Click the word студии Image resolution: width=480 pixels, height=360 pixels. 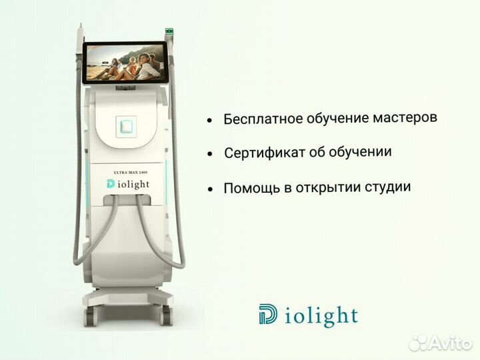click(x=387, y=186)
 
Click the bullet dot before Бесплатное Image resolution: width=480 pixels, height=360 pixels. click(x=210, y=121)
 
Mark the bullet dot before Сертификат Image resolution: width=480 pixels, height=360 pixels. click(x=210, y=155)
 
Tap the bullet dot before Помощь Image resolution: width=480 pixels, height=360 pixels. click(x=210, y=189)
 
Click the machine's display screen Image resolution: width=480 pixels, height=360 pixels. click(x=124, y=63)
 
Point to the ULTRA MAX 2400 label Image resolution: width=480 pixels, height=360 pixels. click(x=130, y=173)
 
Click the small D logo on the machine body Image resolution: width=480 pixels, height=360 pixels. click(x=110, y=184)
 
